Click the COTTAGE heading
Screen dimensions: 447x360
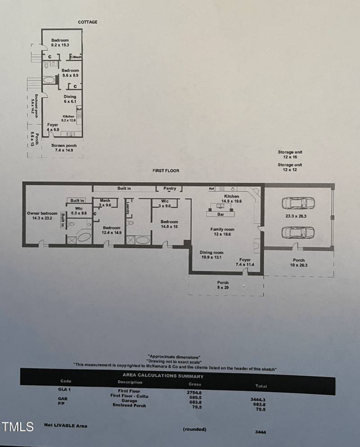[x=87, y=22]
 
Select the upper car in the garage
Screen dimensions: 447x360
[x=298, y=203]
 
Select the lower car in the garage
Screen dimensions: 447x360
[x=298, y=232]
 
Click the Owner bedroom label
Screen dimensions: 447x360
[x=42, y=216]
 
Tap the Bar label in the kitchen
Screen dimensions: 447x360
[x=220, y=214]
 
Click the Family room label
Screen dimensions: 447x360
[x=222, y=232]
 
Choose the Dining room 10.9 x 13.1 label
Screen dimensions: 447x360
[x=211, y=255]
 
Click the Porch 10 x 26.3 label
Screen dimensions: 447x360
[x=298, y=263]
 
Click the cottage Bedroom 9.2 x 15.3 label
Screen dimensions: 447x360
[x=59, y=43]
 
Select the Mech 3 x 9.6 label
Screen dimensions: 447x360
[x=105, y=203]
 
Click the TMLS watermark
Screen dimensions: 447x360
[x=18, y=426]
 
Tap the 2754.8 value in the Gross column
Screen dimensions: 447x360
[x=194, y=392]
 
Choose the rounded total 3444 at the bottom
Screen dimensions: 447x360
[x=260, y=432]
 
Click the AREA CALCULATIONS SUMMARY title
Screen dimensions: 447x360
[x=163, y=376]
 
